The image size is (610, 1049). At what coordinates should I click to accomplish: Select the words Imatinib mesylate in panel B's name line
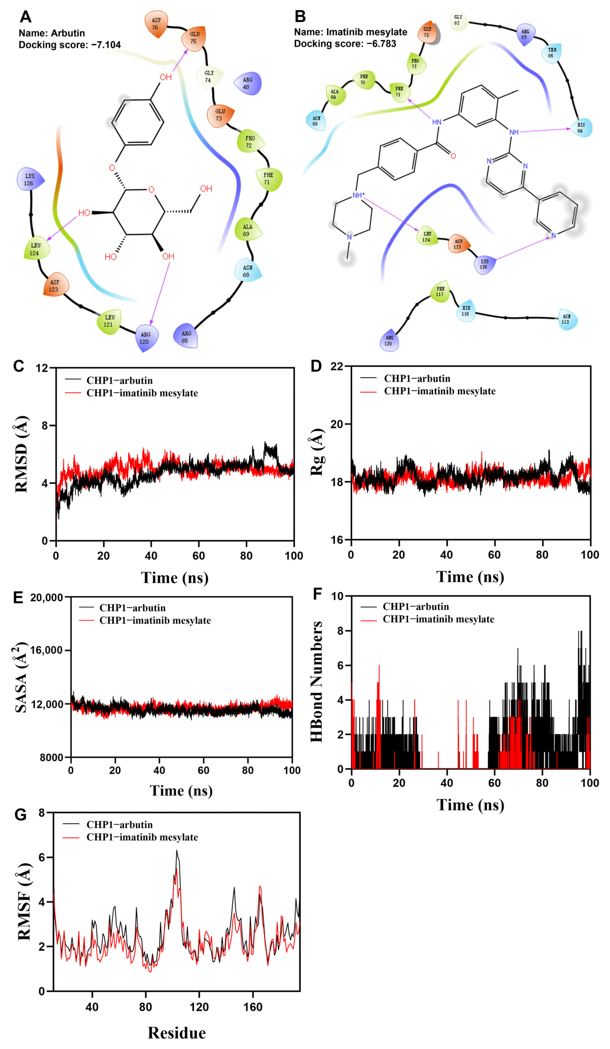[x=366, y=32]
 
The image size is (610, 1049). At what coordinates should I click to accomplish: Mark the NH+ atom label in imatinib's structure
[x=358, y=195]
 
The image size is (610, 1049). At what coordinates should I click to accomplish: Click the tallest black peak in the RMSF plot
[x=177, y=850]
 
